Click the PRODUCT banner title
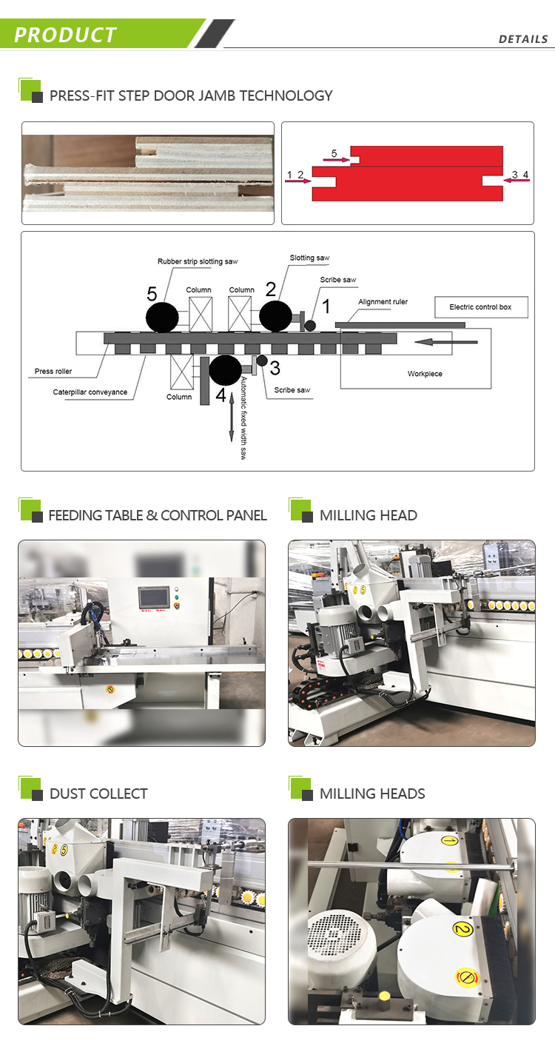click(x=66, y=35)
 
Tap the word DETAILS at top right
click(x=522, y=39)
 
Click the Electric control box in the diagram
click(x=480, y=307)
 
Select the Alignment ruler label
click(x=383, y=302)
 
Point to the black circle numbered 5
click(x=162, y=317)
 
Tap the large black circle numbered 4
click(x=226, y=369)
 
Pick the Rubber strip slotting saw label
click(x=198, y=261)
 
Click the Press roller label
click(x=53, y=372)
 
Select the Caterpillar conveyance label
click(x=90, y=392)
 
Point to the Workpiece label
click(x=425, y=374)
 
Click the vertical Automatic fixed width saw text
click(x=243, y=418)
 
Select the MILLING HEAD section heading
click(x=368, y=515)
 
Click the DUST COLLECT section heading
click(x=98, y=794)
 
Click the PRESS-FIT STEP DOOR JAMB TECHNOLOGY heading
click(x=191, y=95)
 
